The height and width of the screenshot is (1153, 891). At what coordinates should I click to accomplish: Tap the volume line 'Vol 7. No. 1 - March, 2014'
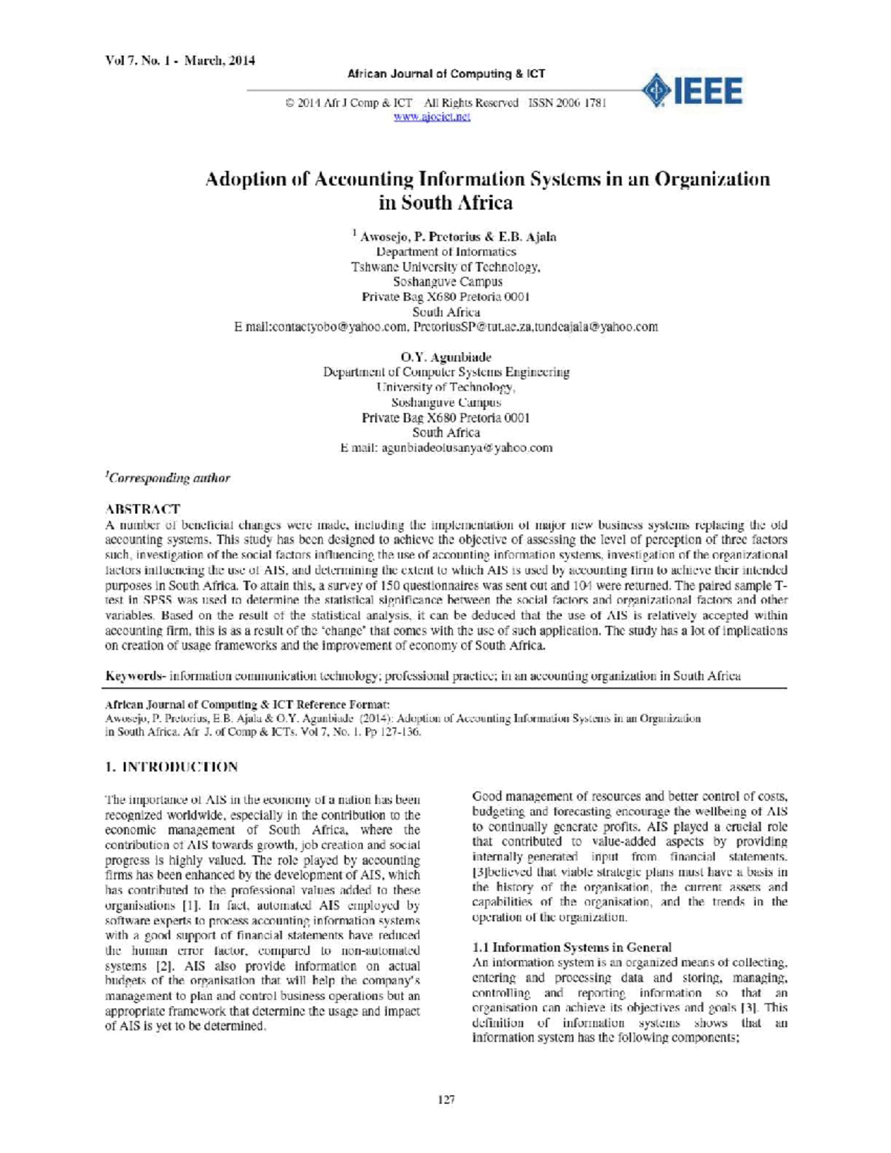pos(180,61)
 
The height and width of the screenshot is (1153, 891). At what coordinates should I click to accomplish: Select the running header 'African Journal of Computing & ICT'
pos(446,74)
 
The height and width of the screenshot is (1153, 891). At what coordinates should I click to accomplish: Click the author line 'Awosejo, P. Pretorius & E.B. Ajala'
pos(457,237)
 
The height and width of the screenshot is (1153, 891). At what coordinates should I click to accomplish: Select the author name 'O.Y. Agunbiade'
pos(446,357)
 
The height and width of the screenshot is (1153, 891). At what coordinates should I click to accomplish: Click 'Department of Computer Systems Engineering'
pos(446,372)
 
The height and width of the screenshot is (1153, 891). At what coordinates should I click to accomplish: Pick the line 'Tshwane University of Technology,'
pos(446,267)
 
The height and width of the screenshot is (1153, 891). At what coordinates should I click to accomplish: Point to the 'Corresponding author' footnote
pos(169,478)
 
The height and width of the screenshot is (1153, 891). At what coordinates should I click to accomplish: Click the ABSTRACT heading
pos(143,509)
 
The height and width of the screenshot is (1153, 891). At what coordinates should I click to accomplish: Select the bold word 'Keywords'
pos(134,676)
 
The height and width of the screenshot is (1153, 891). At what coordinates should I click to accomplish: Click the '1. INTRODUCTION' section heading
pos(172,767)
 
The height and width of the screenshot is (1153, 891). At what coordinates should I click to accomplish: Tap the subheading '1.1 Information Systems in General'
pos(572,947)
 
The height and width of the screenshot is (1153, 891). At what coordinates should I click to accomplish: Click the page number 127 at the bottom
pos(446,1100)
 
